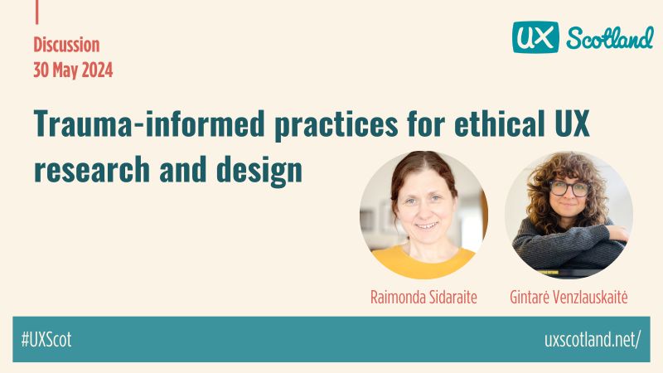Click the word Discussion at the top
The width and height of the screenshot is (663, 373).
(x=66, y=45)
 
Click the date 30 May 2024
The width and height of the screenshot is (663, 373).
(x=73, y=70)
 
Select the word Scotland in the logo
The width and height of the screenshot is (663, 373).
(x=609, y=37)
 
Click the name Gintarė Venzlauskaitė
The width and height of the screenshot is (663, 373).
(x=568, y=297)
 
